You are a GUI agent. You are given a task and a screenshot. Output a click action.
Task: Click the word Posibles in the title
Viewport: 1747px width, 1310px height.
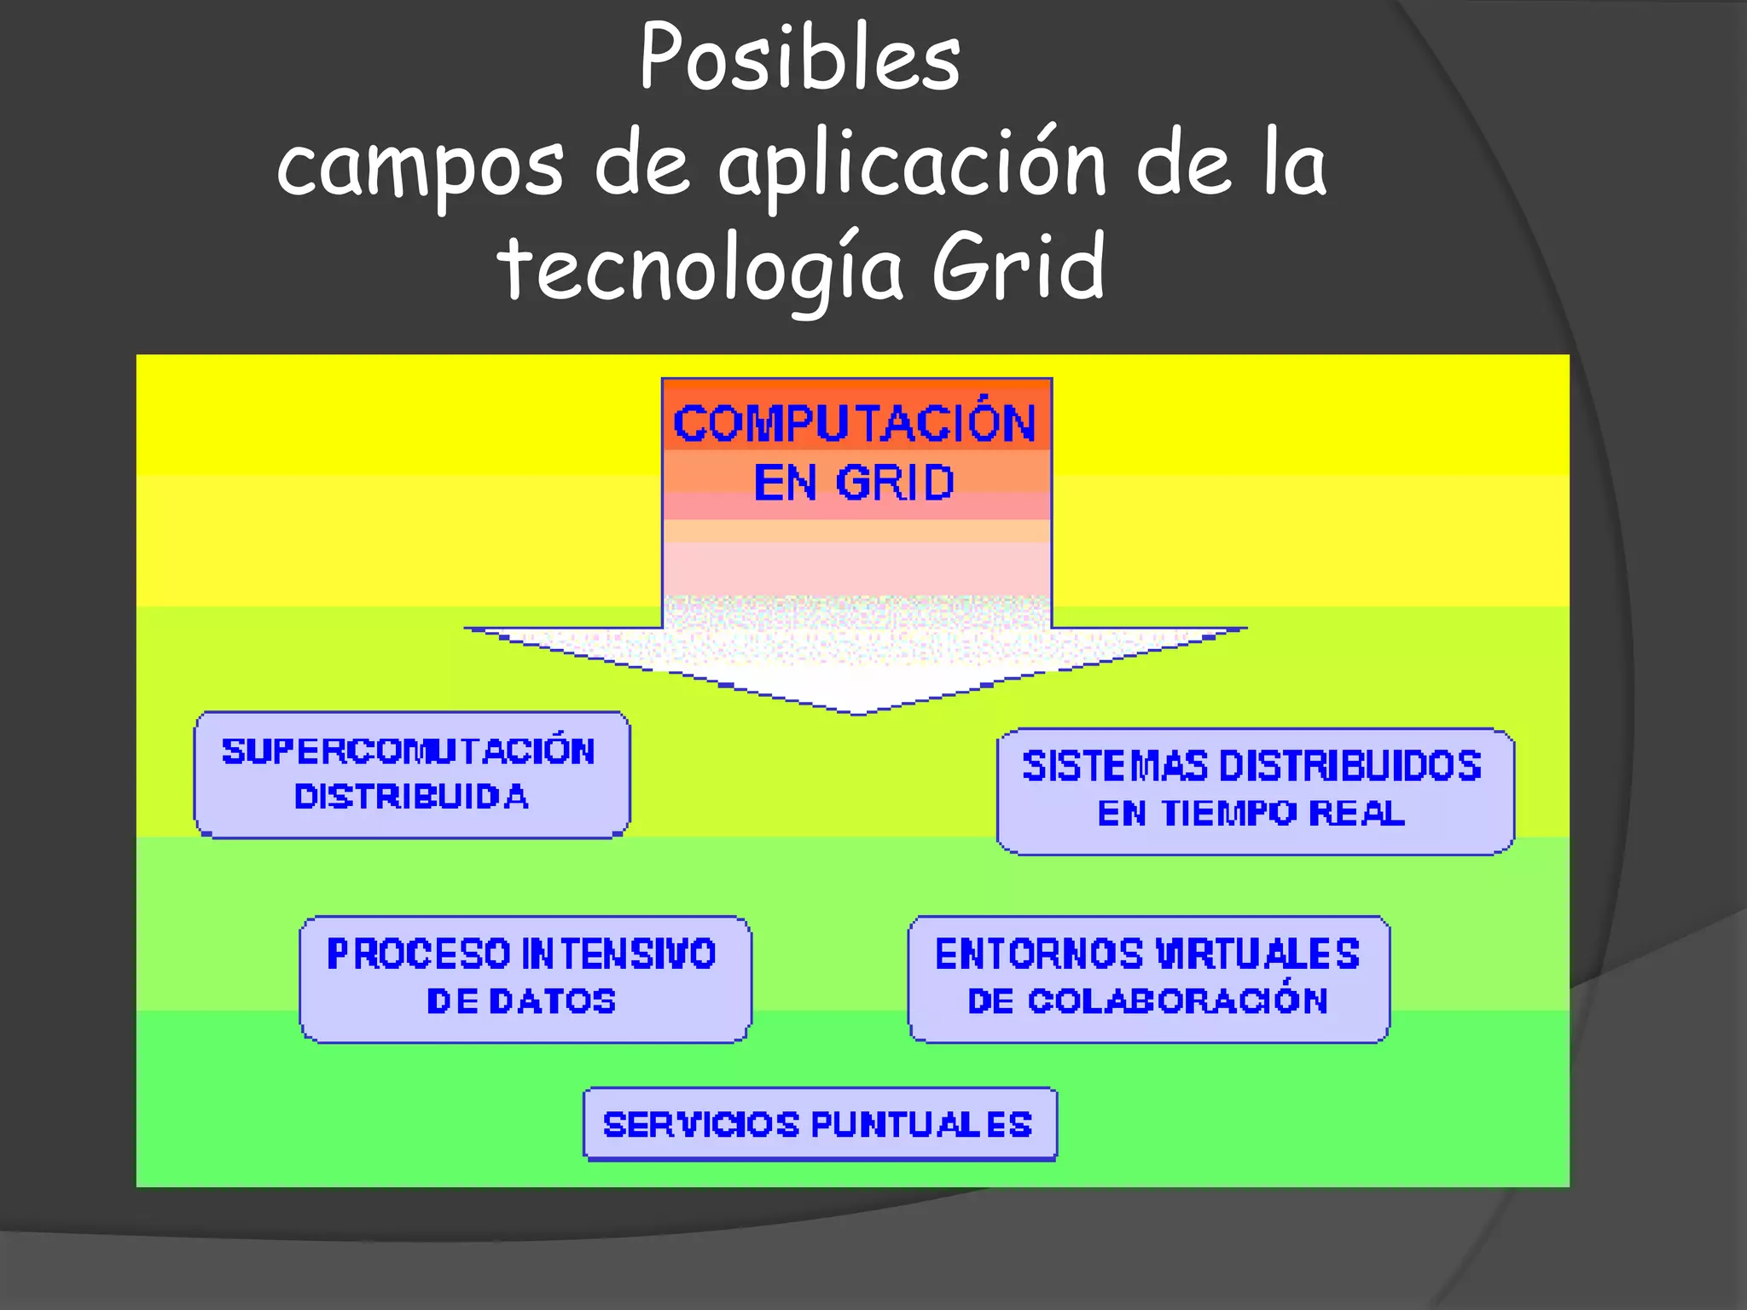click(800, 58)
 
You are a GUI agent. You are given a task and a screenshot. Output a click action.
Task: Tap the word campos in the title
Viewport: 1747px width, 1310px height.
click(420, 166)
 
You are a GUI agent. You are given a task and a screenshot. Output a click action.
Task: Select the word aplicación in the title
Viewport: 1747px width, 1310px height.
click(912, 166)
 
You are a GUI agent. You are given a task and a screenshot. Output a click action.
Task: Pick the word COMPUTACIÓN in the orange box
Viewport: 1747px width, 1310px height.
click(855, 424)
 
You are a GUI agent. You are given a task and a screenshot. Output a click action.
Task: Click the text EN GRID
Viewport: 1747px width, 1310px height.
click(854, 483)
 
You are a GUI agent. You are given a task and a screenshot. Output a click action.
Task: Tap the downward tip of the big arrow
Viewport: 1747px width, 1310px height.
click(858, 710)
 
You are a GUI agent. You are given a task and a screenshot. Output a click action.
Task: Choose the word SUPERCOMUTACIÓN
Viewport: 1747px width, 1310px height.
click(409, 751)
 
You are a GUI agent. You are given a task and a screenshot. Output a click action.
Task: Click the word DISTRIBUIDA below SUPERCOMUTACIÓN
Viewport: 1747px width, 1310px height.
click(411, 797)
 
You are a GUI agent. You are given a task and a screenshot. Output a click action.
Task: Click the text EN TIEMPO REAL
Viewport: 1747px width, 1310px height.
click(1251, 813)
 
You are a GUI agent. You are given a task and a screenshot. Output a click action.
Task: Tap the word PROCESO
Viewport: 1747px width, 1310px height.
click(418, 954)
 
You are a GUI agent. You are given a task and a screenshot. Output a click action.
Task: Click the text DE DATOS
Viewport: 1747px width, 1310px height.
click(521, 1001)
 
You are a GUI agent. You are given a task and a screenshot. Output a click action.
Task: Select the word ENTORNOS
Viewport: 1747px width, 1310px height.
click(1039, 954)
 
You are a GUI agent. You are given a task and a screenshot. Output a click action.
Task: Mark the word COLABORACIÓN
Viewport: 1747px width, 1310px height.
click(1178, 1000)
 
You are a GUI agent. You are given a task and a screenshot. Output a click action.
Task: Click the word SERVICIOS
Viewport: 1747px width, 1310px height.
click(701, 1125)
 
